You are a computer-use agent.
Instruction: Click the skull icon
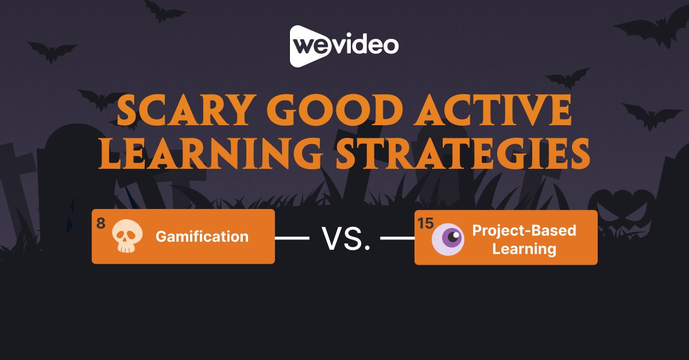[x=125, y=236]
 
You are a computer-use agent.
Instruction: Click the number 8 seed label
[x=101, y=223]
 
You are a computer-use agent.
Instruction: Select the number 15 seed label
[x=425, y=223]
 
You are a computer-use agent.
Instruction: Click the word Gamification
[x=202, y=237]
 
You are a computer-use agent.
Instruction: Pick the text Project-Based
[x=524, y=231]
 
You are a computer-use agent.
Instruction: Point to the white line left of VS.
[x=292, y=237]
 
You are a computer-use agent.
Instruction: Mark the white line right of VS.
[x=398, y=237]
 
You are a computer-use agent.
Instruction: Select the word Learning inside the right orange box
[x=524, y=249]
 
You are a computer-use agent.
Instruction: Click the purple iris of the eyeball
[x=454, y=235]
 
